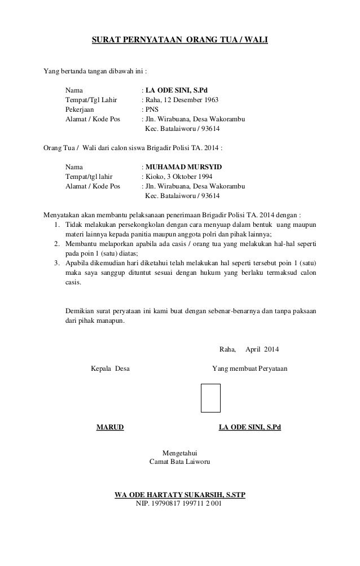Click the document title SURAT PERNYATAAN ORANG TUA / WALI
[x=180, y=41]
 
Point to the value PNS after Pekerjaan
[x=152, y=109]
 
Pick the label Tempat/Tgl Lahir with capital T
[x=91, y=99]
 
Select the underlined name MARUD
[x=110, y=428]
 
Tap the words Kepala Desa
[x=110, y=369]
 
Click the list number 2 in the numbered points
[x=57, y=243]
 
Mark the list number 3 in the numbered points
[x=57, y=263]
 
